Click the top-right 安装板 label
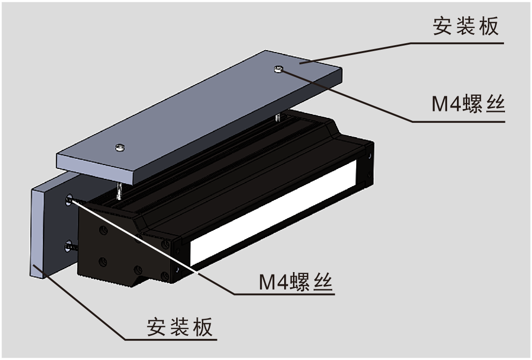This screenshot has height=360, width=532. pyautogui.click(x=465, y=27)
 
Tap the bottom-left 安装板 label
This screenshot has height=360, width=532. pyautogui.click(x=180, y=327)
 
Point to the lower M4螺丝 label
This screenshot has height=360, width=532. pyautogui.click(x=296, y=281)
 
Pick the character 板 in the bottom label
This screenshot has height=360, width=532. pyautogui.click(x=203, y=327)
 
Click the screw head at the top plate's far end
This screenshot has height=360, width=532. pyautogui.click(x=278, y=70)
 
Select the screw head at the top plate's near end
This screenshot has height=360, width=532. pyautogui.click(x=120, y=147)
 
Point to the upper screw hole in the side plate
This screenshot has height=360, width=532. pyautogui.click(x=69, y=199)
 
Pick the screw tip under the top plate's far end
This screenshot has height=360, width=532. pyautogui.click(x=278, y=118)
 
